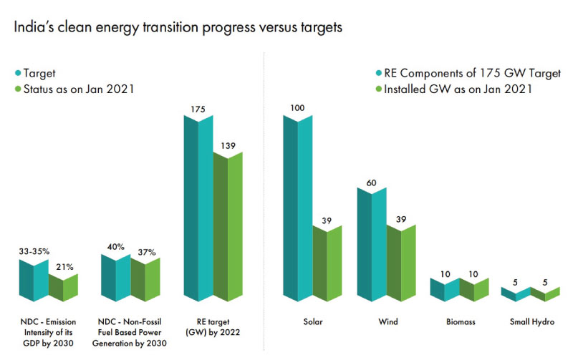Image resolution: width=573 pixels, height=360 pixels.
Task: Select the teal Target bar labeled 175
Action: (x=198, y=208)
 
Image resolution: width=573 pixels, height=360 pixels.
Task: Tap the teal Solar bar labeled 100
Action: (x=297, y=208)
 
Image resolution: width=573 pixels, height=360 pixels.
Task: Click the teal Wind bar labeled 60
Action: (x=371, y=243)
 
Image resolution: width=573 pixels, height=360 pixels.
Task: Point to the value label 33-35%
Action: (x=33, y=251)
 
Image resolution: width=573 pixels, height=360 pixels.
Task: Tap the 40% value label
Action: (x=115, y=247)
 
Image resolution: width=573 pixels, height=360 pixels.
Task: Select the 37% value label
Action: (x=146, y=251)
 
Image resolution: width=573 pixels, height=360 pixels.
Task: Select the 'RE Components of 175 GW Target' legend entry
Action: (x=462, y=73)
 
